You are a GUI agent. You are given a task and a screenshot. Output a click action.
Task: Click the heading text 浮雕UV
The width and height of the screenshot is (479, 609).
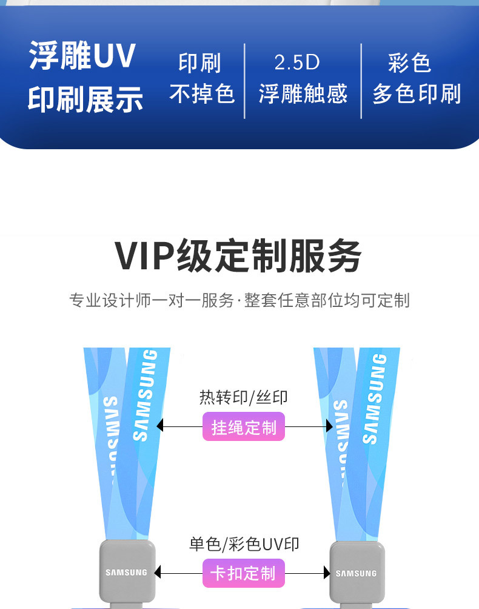pos(82,56)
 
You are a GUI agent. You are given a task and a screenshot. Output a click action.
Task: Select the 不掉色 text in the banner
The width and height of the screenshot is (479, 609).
pos(201,94)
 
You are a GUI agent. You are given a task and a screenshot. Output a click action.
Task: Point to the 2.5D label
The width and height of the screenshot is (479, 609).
pos(296,62)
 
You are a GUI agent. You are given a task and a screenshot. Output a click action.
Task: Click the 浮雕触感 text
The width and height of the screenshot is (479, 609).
pos(303,94)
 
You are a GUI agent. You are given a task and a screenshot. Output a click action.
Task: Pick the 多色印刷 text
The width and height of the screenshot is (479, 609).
pos(417,94)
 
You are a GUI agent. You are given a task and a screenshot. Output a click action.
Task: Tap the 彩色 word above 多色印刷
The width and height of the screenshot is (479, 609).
pos(409,62)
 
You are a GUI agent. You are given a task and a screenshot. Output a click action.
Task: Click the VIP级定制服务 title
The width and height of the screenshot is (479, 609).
pos(239,256)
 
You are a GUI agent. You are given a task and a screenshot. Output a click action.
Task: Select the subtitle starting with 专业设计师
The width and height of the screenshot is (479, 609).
pos(239,300)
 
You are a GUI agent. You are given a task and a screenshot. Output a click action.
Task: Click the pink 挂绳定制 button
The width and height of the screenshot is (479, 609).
pos(243,427)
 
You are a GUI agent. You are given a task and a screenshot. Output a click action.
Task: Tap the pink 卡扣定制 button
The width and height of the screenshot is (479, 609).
pos(243,573)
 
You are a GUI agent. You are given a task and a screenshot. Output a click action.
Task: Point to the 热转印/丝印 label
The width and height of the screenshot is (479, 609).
pos(243,397)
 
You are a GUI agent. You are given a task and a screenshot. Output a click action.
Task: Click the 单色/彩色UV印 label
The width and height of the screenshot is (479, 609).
pos(244,544)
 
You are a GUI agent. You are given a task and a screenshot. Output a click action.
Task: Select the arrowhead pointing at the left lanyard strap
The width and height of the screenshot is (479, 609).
pos(160,426)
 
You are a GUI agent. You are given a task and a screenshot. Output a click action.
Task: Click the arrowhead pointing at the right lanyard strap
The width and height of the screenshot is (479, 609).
pos(329,426)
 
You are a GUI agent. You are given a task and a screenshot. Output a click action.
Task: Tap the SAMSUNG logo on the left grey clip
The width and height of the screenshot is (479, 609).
pos(126,573)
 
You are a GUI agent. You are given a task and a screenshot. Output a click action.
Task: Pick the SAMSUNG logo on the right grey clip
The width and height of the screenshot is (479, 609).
pos(356,573)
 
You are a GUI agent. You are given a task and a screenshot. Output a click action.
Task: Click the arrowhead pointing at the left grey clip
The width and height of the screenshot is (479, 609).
pos(158,573)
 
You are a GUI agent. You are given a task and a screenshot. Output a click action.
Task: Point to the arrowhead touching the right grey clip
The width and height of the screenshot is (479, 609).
pos(326,573)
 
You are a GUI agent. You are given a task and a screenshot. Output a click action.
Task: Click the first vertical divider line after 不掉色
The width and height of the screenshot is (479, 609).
pos(244,81)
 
